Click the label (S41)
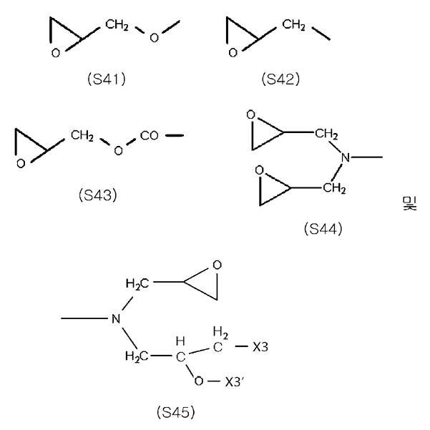tap(107, 79)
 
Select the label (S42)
tap(280, 79)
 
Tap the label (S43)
tap(98, 195)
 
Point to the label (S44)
tap(323, 229)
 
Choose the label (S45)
tap(176, 412)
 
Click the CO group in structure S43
tap(150, 135)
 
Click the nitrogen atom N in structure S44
tap(346, 157)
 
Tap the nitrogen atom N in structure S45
tap(116, 318)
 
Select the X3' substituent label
tap(234, 381)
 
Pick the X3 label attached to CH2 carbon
tap(260, 347)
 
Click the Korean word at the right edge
tap(410, 203)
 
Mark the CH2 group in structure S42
tap(294, 24)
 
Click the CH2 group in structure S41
tap(117, 24)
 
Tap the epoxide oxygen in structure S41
tap(56, 53)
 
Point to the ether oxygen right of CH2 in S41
tap(155, 38)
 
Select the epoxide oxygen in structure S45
tap(218, 265)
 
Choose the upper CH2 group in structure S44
tap(326, 134)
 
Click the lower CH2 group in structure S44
tap(334, 188)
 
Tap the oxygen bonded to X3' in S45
tap(199, 381)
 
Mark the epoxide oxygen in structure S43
tap(21, 164)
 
